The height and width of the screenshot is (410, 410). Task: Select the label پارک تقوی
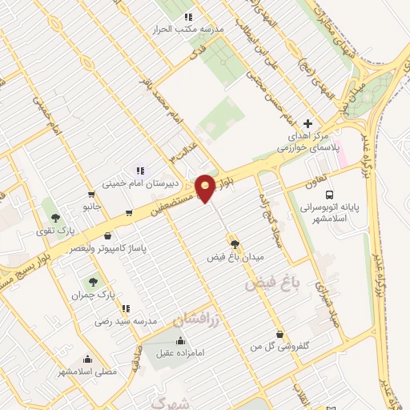tap(54, 232)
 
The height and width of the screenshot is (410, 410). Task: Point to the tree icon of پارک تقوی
tap(54, 217)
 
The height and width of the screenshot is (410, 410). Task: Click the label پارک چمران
tap(89, 295)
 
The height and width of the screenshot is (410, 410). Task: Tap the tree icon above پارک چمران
tap(93, 281)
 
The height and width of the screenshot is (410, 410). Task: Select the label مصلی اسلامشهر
tap(86, 372)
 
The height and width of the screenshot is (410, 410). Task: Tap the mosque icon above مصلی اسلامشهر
tap(87, 359)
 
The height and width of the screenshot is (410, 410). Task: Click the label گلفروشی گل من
tap(280, 346)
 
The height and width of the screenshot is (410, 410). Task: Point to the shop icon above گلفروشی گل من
tap(279, 334)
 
